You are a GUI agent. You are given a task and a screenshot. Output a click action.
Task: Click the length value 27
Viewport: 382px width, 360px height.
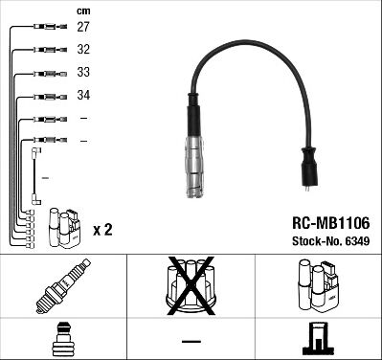pos(83,27)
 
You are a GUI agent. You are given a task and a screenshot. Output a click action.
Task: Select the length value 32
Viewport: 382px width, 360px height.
pos(83,50)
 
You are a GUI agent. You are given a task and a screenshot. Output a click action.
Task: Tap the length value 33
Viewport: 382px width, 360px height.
pos(83,72)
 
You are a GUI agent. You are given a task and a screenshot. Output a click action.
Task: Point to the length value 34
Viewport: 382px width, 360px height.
pos(83,95)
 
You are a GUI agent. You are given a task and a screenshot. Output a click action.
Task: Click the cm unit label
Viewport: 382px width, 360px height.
pos(83,11)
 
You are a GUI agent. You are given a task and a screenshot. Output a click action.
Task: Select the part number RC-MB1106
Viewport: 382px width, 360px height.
pos(331,223)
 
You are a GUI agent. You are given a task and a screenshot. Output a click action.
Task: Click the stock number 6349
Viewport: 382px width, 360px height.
pos(357,241)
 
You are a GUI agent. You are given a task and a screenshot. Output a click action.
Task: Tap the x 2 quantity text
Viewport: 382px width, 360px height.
pos(102,230)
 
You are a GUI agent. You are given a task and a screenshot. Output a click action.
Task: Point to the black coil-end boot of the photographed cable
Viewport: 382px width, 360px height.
pos(309,167)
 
